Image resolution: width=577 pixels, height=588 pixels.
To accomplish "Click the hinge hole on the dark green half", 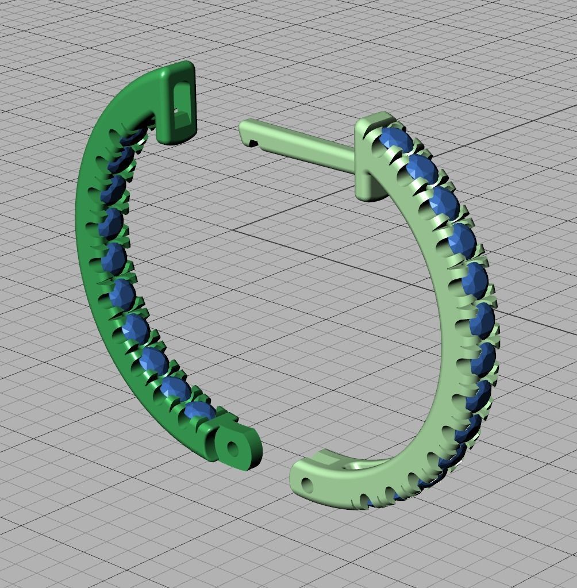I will coord(233,448).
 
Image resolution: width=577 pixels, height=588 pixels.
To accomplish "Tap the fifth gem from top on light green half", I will coord(475,279).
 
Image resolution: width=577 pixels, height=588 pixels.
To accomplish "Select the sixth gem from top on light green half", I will coord(481,320).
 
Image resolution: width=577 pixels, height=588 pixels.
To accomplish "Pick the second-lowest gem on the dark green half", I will coord(175,387).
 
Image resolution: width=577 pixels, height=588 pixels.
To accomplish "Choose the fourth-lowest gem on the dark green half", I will coord(136,328).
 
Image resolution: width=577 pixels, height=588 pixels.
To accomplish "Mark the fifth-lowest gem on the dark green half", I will coord(122,294).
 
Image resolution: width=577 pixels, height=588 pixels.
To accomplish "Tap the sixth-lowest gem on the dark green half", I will coord(114,258).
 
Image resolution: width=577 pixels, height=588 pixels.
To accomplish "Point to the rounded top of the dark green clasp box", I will coord(178,71).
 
